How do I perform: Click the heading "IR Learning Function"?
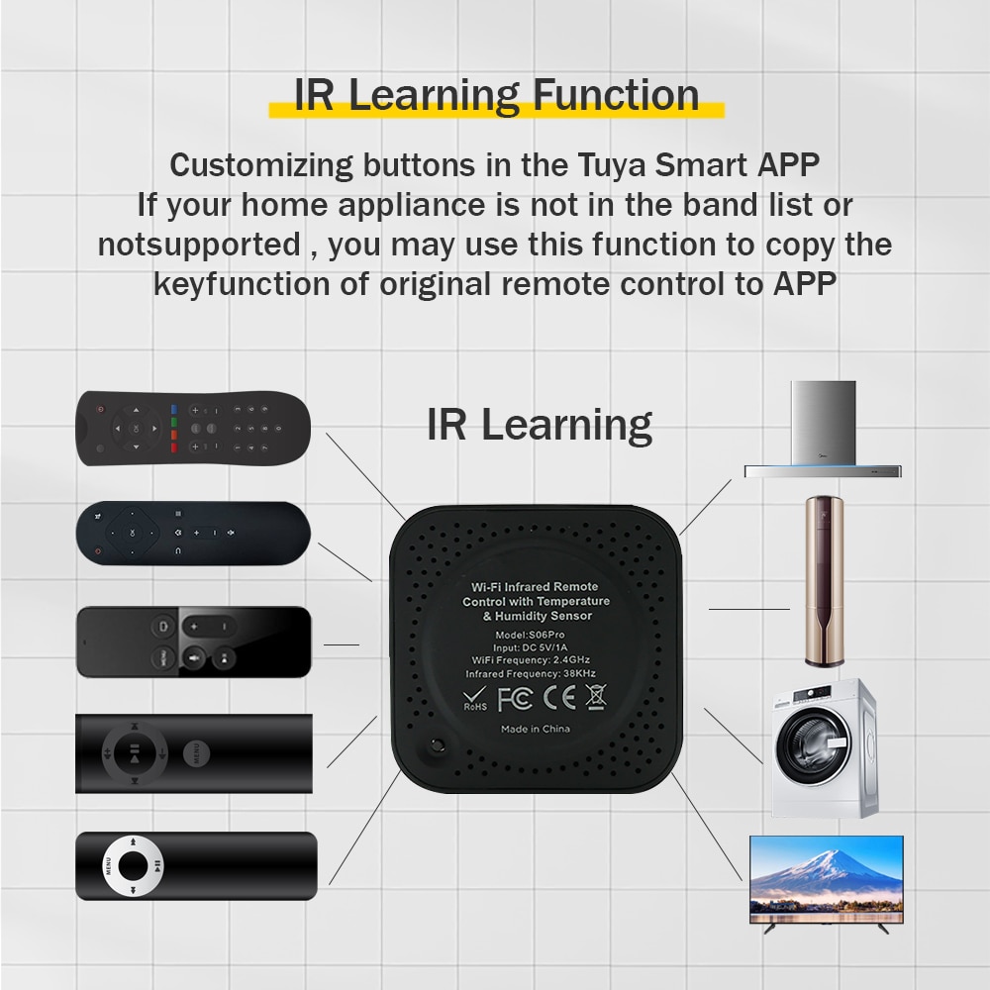(x=496, y=96)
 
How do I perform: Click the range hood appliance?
(x=824, y=432)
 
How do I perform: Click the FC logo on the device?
(x=515, y=699)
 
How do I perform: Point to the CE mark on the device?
(x=557, y=699)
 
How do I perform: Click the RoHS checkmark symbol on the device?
(x=475, y=698)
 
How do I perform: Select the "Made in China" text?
(x=535, y=729)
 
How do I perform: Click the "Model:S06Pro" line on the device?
(x=535, y=634)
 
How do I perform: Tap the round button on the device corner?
(x=433, y=748)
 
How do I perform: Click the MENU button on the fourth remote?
(x=194, y=752)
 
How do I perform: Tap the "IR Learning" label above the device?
(x=540, y=425)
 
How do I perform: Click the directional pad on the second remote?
(x=133, y=534)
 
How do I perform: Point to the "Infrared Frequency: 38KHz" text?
(x=535, y=673)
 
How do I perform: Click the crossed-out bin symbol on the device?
(x=595, y=698)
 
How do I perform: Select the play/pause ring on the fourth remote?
(x=133, y=752)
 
